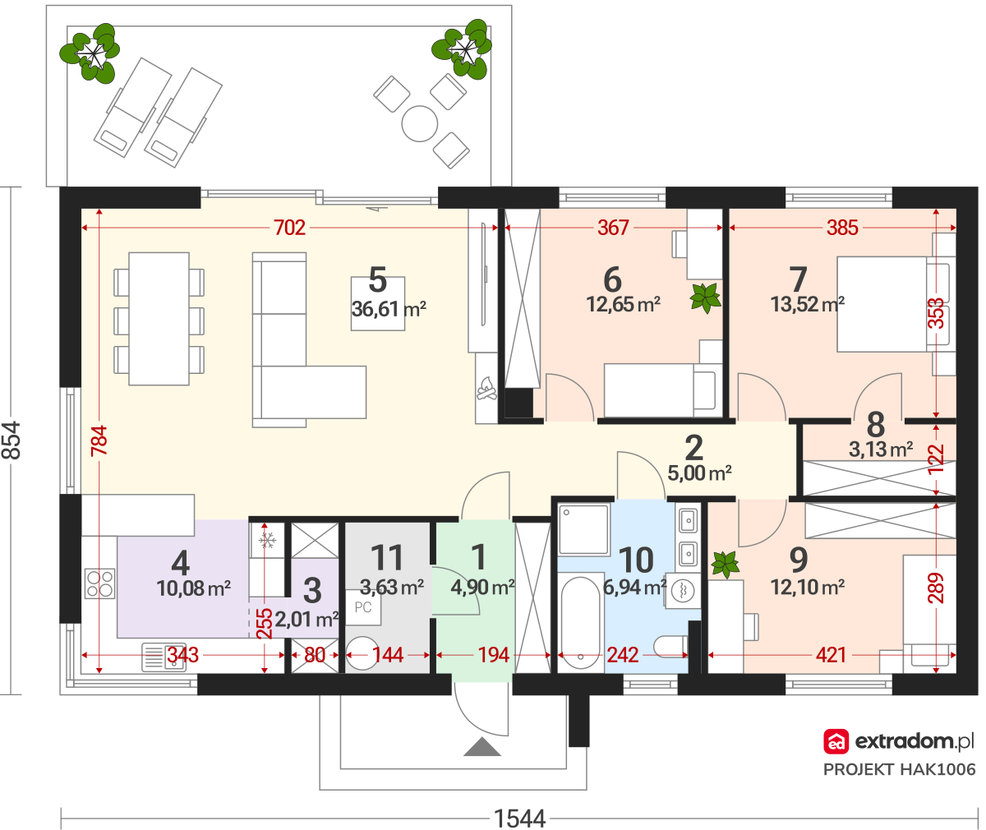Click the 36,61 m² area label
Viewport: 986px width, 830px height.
point(389,309)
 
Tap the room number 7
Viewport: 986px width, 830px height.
point(798,279)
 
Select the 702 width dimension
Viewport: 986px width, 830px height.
point(289,228)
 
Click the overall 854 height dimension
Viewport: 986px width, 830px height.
point(12,440)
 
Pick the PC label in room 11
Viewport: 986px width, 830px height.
point(362,607)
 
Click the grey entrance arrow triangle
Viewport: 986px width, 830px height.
point(482,747)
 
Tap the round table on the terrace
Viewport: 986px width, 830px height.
point(419,124)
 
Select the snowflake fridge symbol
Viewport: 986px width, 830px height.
point(266,541)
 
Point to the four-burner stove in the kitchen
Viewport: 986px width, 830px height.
point(99,583)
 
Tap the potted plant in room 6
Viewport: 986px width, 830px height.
point(706,297)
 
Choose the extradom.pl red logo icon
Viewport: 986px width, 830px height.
point(836,742)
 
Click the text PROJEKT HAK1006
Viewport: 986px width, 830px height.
point(899,769)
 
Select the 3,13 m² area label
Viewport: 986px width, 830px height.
point(880,450)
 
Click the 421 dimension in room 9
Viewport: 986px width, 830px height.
point(831,655)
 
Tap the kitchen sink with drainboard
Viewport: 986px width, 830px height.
point(164,657)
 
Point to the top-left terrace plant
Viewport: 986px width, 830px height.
point(90,53)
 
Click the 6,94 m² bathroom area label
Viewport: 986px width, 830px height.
point(634,588)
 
